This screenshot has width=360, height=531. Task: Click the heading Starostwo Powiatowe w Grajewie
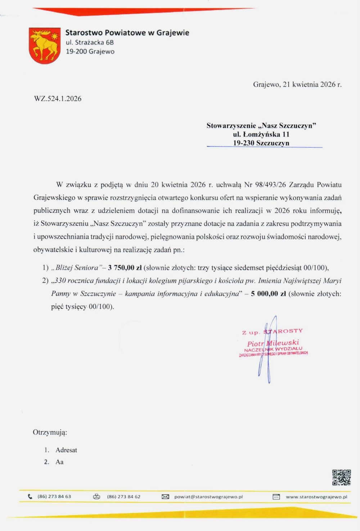[x=127, y=33]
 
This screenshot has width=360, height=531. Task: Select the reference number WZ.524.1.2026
[x=58, y=99]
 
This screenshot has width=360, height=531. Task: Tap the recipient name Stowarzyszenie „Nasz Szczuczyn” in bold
[x=261, y=126]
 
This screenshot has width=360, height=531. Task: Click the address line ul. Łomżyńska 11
[x=261, y=134]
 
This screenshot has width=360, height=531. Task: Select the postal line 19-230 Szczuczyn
[x=261, y=143]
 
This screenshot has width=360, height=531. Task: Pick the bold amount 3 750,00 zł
[x=125, y=267]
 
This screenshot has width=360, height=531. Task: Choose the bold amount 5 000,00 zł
[x=269, y=293]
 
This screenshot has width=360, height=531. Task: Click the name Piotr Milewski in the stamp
[x=273, y=343]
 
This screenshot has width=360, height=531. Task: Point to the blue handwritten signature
[x=266, y=349]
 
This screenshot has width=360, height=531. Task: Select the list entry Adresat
[x=66, y=450]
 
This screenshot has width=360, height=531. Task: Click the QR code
[x=341, y=478]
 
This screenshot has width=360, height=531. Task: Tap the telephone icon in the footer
[x=30, y=496]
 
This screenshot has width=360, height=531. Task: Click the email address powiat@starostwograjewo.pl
[x=208, y=497]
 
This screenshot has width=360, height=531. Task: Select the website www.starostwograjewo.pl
[x=316, y=497]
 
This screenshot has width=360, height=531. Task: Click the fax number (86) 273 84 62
[x=123, y=497]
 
